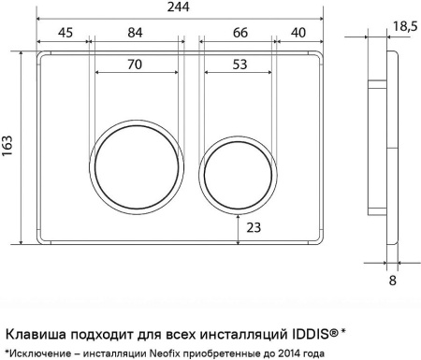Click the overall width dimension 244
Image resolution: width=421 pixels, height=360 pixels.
[179, 7]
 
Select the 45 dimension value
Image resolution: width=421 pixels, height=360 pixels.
[65, 33]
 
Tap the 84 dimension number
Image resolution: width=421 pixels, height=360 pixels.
[135, 33]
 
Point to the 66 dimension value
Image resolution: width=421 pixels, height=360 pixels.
[240, 33]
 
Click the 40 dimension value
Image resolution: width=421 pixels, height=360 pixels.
[298, 33]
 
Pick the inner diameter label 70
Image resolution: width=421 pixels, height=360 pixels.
[135, 65]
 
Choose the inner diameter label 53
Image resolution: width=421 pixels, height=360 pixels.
[240, 65]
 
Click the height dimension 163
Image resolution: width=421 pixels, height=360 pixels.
[7, 146]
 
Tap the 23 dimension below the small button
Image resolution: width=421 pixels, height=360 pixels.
[254, 228]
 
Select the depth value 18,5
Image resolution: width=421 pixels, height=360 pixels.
[405, 26]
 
